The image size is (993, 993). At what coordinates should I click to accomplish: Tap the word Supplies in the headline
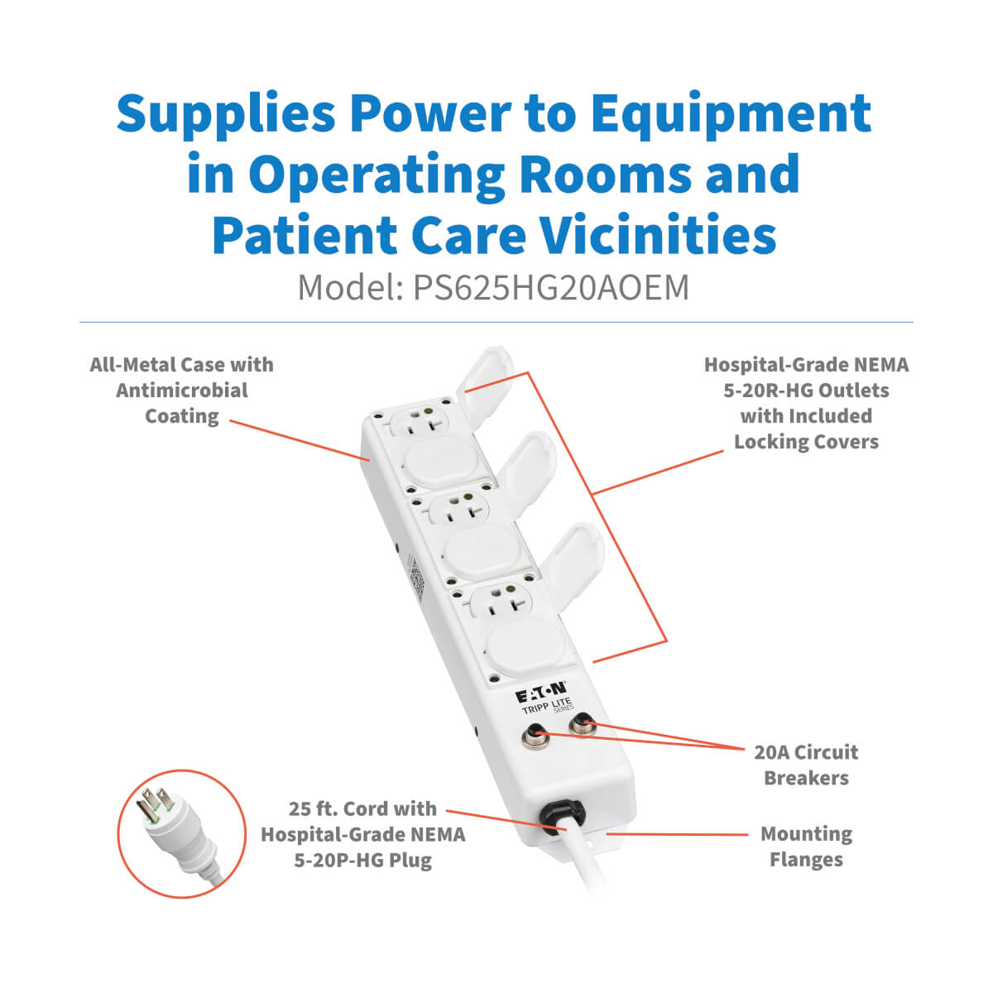pyautogui.click(x=226, y=115)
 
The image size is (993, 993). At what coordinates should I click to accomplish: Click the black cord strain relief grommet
pyautogui.click(x=559, y=816)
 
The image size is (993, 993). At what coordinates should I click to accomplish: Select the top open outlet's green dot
pyautogui.click(x=427, y=411)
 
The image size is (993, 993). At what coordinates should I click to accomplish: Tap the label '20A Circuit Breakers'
pyautogui.click(x=806, y=765)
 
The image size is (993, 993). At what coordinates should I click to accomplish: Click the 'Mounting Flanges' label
pyautogui.click(x=806, y=847)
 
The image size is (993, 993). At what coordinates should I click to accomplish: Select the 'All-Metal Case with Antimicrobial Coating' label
pyautogui.click(x=181, y=391)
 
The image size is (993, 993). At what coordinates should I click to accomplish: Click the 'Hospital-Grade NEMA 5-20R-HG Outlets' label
pyautogui.click(x=806, y=403)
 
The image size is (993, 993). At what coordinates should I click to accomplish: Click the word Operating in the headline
pyautogui.click(x=377, y=175)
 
